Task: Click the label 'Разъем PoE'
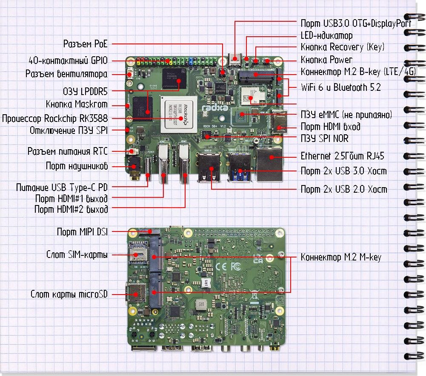pyautogui.click(x=85, y=44)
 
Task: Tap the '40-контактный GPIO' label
pyautogui.click(x=68, y=60)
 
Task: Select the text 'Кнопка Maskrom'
pyautogui.click(x=77, y=104)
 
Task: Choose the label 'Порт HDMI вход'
pyautogui.click(x=330, y=127)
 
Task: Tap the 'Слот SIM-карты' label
pyautogui.click(x=77, y=255)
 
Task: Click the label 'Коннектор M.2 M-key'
pyautogui.click(x=341, y=257)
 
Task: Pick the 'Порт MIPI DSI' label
pyautogui.click(x=82, y=232)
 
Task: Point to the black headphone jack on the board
pyautogui.click(x=135, y=168)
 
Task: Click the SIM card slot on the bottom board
pyautogui.click(x=137, y=254)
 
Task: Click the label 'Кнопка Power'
pyautogui.click(x=326, y=60)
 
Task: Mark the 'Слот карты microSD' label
pyautogui.click(x=69, y=295)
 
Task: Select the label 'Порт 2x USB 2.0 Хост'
pyautogui.click(x=344, y=189)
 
